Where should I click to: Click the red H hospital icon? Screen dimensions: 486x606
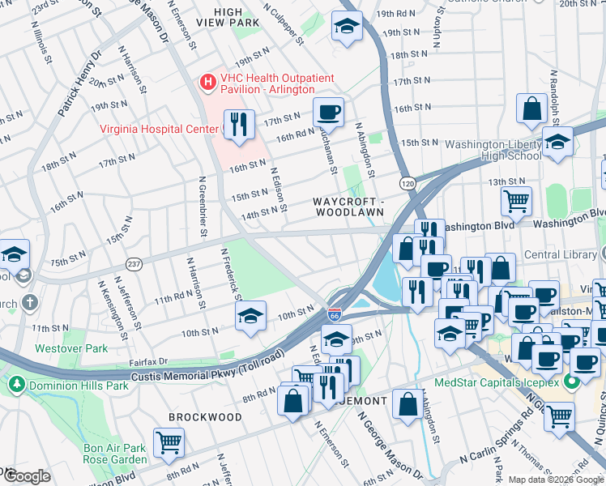click(x=208, y=82)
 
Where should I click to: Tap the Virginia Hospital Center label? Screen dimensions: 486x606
click(x=159, y=128)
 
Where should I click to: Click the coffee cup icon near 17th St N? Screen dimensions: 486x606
click(x=328, y=112)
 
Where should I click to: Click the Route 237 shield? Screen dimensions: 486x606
click(x=134, y=264)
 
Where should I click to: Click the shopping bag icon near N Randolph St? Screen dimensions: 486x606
click(x=532, y=108)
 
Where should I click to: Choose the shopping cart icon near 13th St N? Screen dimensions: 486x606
click(x=516, y=198)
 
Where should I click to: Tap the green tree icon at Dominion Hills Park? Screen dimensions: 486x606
click(x=18, y=386)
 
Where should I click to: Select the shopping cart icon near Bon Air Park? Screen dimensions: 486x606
click(x=169, y=442)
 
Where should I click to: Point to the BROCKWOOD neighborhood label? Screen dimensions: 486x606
click(x=205, y=417)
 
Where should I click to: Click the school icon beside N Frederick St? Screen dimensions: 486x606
click(x=252, y=315)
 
